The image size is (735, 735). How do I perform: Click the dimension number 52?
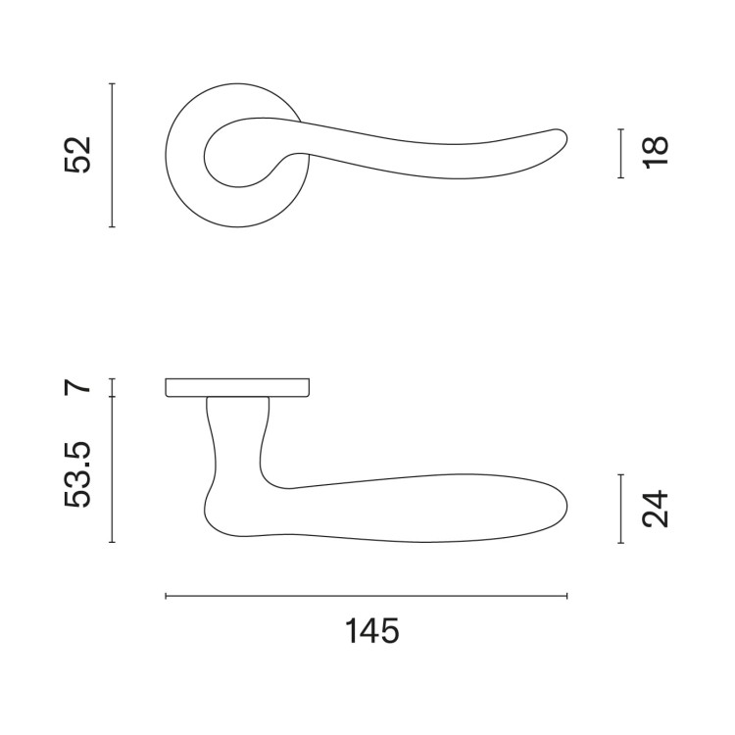click(x=76, y=155)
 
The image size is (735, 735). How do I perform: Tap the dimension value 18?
click(x=655, y=152)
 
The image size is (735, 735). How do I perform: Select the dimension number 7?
click(x=76, y=387)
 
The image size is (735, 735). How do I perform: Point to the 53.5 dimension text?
click(x=76, y=474)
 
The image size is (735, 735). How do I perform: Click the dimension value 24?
click(x=655, y=509)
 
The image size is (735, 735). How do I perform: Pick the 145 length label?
click(x=372, y=631)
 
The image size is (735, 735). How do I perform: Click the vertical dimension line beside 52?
click(x=112, y=155)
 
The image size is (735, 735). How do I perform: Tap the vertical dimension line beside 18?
click(x=621, y=153)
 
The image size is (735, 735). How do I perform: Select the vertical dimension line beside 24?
click(x=621, y=509)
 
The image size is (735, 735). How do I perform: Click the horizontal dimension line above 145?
click(x=367, y=596)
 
